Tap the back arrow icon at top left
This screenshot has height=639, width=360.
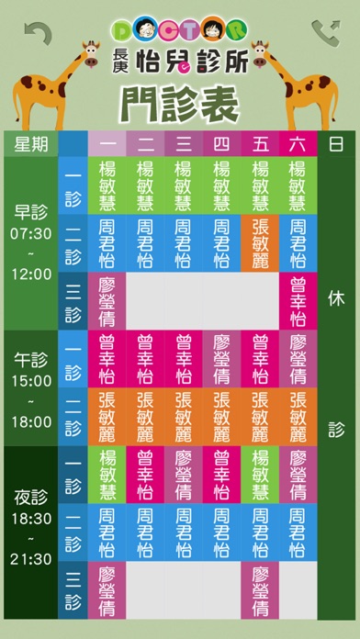tap(38, 34)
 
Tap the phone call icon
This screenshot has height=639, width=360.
tap(324, 34)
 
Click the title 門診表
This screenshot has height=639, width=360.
tap(180, 100)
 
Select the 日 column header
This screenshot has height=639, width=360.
tap(336, 144)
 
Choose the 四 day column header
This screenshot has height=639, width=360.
tap(220, 145)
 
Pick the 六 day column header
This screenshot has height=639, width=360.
tap(298, 145)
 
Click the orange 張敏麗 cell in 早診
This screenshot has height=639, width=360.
tap(259, 243)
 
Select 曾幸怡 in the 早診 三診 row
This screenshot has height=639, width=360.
tap(298, 299)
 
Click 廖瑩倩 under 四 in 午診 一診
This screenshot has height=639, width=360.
tap(220, 359)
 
